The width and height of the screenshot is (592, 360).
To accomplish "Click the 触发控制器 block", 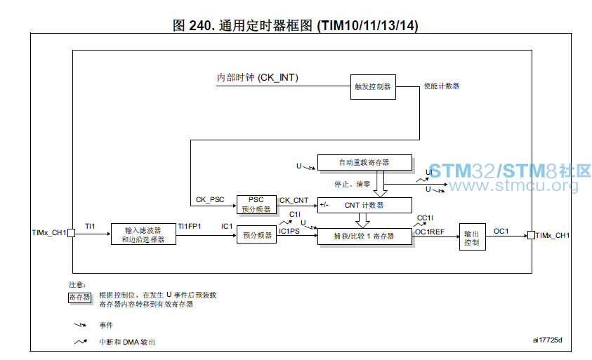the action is (373, 87).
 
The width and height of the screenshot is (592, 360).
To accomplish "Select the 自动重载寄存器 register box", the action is (364, 163).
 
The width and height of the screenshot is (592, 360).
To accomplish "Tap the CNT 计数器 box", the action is (364, 206).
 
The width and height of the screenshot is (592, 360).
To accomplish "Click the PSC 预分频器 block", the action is (256, 204).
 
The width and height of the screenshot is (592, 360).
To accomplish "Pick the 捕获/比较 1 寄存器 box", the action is (364, 236).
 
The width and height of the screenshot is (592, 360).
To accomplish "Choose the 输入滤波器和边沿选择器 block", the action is (143, 234).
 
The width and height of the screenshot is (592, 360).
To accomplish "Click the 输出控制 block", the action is (473, 237).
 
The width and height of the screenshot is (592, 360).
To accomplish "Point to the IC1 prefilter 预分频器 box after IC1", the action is (257, 234).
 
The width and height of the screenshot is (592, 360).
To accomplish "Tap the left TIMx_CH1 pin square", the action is (71, 233).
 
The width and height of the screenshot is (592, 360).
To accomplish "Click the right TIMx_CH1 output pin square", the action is (531, 235).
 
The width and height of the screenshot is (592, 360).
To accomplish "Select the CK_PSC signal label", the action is (210, 199).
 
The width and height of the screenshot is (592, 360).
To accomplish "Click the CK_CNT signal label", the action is (294, 201).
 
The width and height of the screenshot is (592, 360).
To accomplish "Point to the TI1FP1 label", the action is (190, 227).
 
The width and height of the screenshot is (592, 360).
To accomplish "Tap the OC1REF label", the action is (430, 232).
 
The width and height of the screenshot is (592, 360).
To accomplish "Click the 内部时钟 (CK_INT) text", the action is (258, 78).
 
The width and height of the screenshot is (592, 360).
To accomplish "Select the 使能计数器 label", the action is (441, 86).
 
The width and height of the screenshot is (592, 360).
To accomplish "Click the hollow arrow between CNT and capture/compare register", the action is (362, 221).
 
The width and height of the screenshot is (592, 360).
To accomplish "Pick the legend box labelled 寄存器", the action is (79, 298).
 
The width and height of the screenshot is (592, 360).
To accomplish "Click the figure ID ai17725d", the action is (548, 340).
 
